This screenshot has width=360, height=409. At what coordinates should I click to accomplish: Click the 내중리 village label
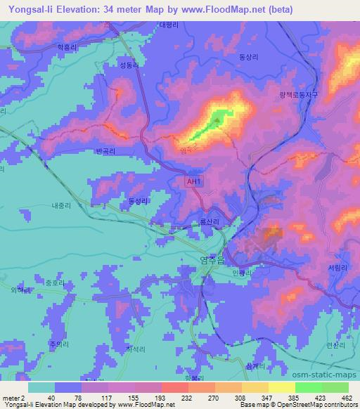tap(62, 207)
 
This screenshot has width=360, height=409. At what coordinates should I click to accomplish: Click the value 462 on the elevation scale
tap(342, 398)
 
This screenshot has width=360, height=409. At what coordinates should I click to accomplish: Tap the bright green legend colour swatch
tap(308, 387)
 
